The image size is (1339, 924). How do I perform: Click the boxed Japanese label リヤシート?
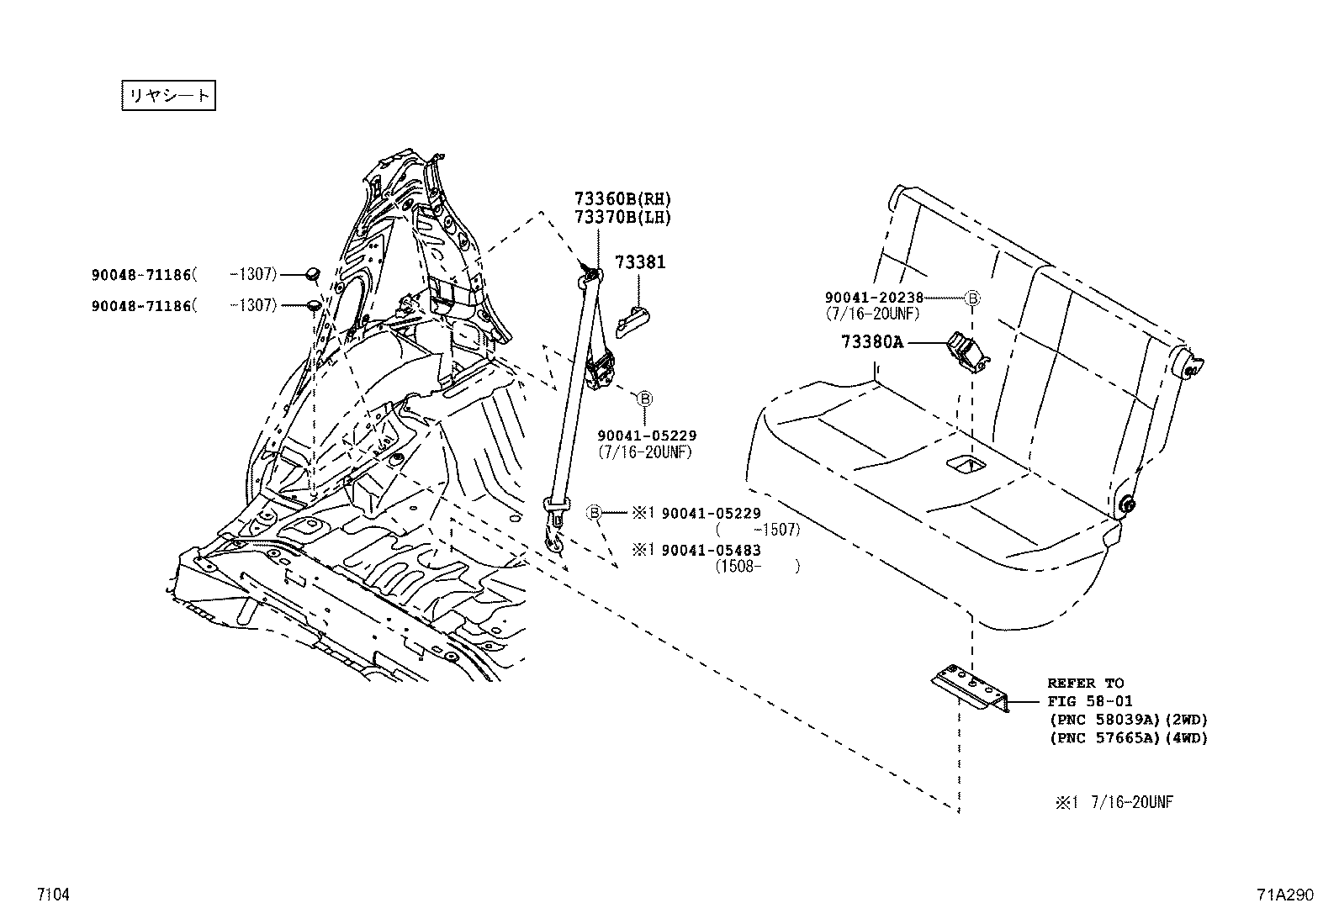pos(168,95)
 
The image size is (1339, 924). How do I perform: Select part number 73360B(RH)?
pos(623,199)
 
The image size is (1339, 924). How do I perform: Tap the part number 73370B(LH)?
pos(623,217)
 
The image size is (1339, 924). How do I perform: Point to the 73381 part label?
pos(639,262)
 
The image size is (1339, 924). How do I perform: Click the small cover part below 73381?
pos(633,322)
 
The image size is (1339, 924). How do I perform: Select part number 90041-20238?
pos(874,297)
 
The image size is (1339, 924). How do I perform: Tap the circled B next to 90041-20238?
pos(971,298)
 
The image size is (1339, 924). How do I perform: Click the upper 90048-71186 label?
pos(141,274)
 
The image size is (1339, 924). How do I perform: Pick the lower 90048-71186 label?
pos(141,305)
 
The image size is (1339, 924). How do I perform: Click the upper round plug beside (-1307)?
pos(313,272)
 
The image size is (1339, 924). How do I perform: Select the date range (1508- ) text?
pos(757,567)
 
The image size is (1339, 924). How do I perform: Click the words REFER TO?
pos(1085,683)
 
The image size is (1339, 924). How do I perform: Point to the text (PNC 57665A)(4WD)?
pos(1127,738)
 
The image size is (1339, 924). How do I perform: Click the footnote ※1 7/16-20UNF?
pos(1114,802)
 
